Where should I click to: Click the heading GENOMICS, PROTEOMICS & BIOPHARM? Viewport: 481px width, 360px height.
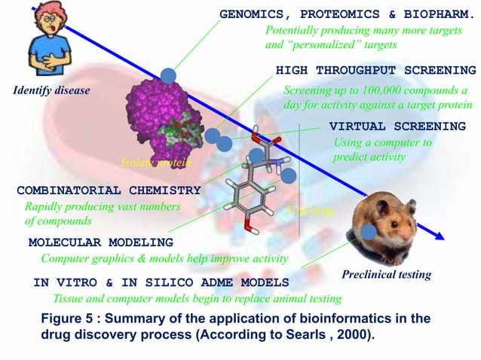click(x=348, y=14)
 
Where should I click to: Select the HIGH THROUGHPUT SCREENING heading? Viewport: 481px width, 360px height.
click(x=375, y=70)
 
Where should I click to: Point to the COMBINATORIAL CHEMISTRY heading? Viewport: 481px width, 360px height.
click(x=109, y=190)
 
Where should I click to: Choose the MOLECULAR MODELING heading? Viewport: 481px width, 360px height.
click(x=100, y=243)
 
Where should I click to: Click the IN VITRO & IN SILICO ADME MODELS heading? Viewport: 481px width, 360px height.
click(x=161, y=282)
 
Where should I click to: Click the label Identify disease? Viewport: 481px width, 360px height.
click(x=51, y=91)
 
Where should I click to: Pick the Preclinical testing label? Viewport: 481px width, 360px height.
click(x=386, y=275)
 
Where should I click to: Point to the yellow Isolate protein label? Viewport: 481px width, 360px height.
click(x=155, y=163)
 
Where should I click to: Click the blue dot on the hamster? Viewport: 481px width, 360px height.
click(x=368, y=232)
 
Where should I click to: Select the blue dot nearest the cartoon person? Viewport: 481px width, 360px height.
click(x=168, y=75)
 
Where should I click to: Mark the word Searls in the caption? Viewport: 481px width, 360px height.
click(x=326, y=334)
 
